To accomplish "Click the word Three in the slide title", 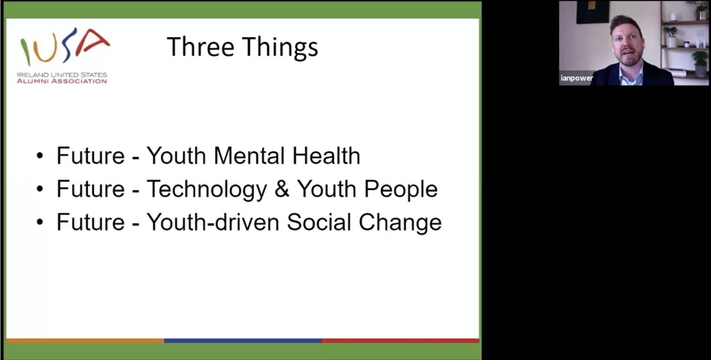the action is (200, 47).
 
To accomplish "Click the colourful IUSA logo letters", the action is (65, 46).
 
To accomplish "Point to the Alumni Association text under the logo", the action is (61, 81).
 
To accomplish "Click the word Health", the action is (327, 156).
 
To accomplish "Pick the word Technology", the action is (207, 190).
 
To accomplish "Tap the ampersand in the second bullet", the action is (282, 189).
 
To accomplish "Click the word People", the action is (402, 190).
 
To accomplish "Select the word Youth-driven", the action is (213, 222).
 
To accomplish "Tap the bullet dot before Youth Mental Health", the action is (40, 156).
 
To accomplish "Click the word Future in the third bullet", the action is (91, 222).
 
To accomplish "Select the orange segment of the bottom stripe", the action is (85, 341).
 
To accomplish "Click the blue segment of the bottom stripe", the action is (243, 341).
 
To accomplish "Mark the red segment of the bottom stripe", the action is (400, 341).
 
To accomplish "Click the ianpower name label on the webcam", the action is (577, 78).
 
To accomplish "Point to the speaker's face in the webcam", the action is (628, 43).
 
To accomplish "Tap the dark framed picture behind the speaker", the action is (592, 11).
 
